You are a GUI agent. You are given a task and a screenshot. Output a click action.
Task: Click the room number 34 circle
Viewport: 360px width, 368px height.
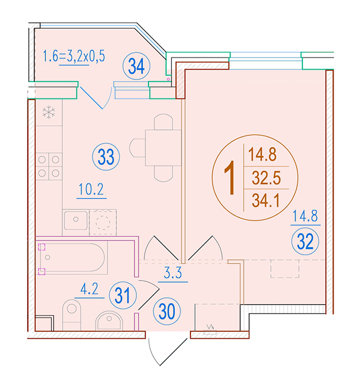click(x=136, y=66)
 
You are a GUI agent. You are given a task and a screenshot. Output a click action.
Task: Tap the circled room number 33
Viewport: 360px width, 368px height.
click(x=106, y=157)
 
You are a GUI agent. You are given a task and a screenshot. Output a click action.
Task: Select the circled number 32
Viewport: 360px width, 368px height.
click(x=305, y=241)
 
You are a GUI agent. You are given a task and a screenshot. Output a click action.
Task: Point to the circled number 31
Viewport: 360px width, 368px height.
click(x=122, y=295)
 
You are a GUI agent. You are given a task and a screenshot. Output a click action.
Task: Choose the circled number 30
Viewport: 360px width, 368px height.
click(x=167, y=312)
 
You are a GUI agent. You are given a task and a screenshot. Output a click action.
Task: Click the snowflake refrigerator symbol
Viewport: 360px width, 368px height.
click(x=49, y=112)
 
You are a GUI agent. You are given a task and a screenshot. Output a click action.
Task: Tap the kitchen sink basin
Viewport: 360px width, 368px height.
click(x=76, y=220)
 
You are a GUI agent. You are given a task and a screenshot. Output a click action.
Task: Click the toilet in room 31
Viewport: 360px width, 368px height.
click(x=71, y=315)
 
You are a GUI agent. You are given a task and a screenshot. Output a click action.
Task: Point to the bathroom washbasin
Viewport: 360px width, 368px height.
click(x=109, y=321)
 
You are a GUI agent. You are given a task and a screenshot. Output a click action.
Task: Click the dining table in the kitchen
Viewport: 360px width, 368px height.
click(x=163, y=148)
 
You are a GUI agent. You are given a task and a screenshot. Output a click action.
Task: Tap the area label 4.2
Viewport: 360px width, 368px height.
click(x=89, y=289)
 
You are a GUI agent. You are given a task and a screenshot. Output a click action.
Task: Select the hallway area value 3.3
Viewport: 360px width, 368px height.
click(x=173, y=273)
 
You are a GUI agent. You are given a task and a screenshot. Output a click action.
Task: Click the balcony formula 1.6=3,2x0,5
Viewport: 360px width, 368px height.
click(x=74, y=56)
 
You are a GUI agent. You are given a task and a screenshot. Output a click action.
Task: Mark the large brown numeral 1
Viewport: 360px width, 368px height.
click(x=230, y=178)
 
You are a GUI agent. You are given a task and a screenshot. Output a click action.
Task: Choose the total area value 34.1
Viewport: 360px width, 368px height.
click(x=266, y=201)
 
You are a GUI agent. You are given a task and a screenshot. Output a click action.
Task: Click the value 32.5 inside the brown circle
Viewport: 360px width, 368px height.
click(x=266, y=178)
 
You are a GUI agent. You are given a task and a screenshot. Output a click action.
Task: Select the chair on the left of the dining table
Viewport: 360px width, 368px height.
click(x=137, y=148)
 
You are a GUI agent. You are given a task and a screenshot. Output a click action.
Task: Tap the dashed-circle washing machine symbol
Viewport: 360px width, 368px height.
click(x=103, y=223)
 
